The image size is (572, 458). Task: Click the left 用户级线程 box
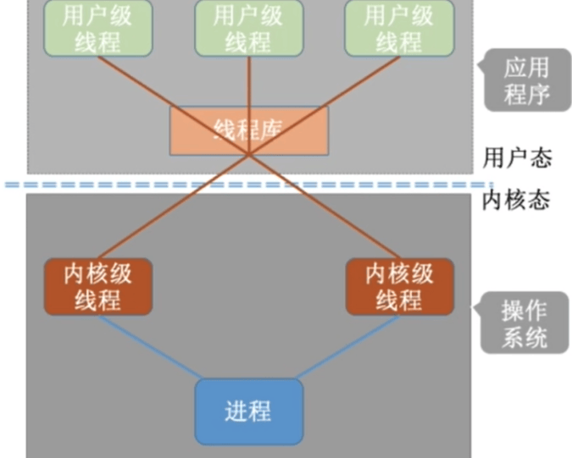click(97, 28)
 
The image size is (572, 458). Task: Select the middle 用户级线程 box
click(248, 28)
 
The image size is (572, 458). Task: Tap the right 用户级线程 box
click(399, 28)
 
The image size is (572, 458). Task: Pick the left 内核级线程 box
click(97, 286)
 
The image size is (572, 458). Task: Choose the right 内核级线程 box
click(399, 286)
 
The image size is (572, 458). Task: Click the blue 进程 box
click(248, 411)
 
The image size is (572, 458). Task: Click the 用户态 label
click(517, 157)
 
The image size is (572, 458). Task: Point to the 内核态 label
click(517, 200)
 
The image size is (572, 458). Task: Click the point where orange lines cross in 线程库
click(248, 153)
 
